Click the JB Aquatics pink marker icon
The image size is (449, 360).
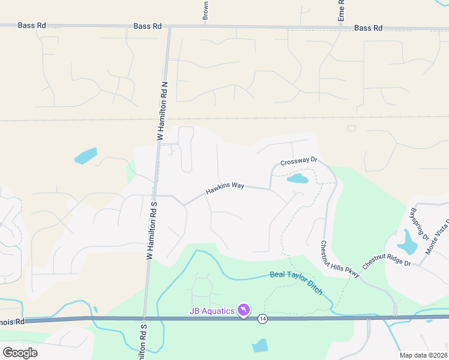tap(244, 310)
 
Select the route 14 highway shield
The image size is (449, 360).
tap(262, 318)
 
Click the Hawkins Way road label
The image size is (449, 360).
tap(224, 188)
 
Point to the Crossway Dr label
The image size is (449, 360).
tap(298, 161)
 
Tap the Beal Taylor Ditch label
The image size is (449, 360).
tap(297, 282)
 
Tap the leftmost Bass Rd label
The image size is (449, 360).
tap(31, 26)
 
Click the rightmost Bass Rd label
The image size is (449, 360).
tap(368, 28)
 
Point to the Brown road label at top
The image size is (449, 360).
tap(205, 11)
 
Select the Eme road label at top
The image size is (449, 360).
tap(341, 11)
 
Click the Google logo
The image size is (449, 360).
tap(20, 352)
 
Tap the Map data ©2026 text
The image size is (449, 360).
tap(424, 355)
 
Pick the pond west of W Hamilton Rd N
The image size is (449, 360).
tap(86, 155)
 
